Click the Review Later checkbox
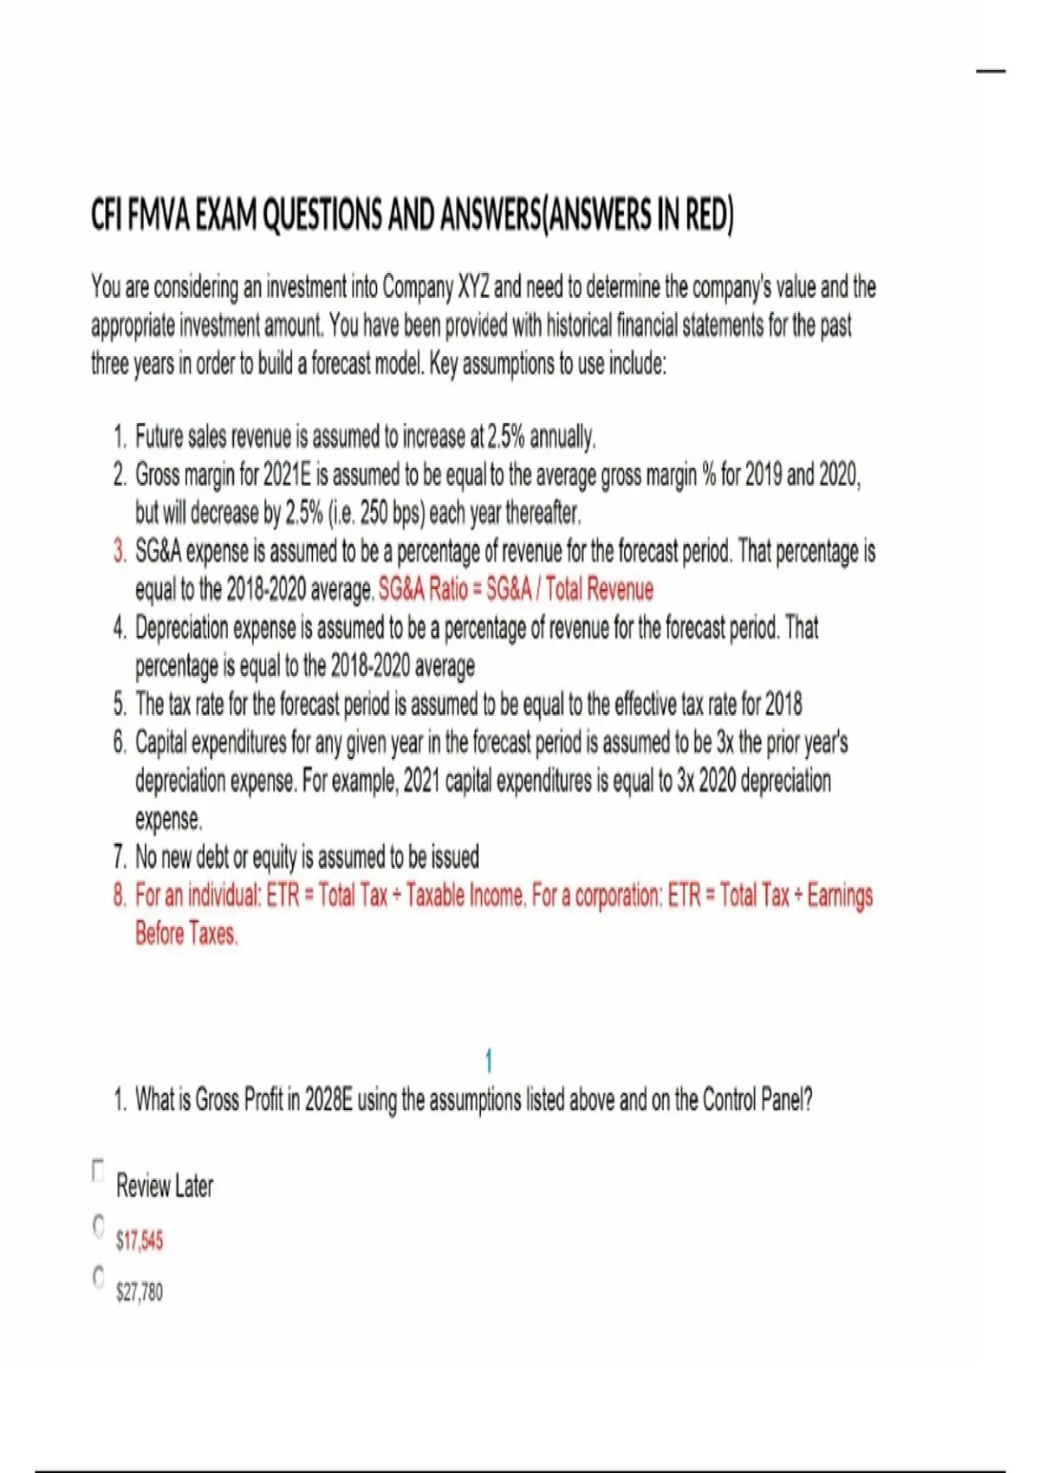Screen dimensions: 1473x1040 point(98,1170)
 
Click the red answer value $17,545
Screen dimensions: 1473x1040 point(140,1241)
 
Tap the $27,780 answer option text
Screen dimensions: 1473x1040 point(140,1292)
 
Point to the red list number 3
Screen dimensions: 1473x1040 point(120,552)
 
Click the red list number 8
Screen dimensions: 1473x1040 point(120,895)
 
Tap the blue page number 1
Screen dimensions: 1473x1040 point(489,1061)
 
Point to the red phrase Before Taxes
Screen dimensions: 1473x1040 point(185,934)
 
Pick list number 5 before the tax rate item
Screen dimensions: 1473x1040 point(120,704)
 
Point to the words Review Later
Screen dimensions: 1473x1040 point(165,1185)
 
